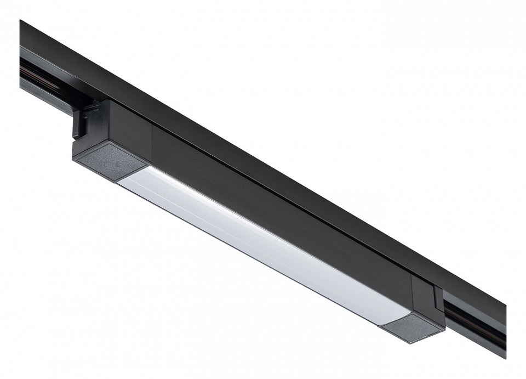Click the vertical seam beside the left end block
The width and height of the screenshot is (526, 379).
(152, 137)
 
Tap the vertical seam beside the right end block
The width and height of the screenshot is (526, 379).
(412, 285)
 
